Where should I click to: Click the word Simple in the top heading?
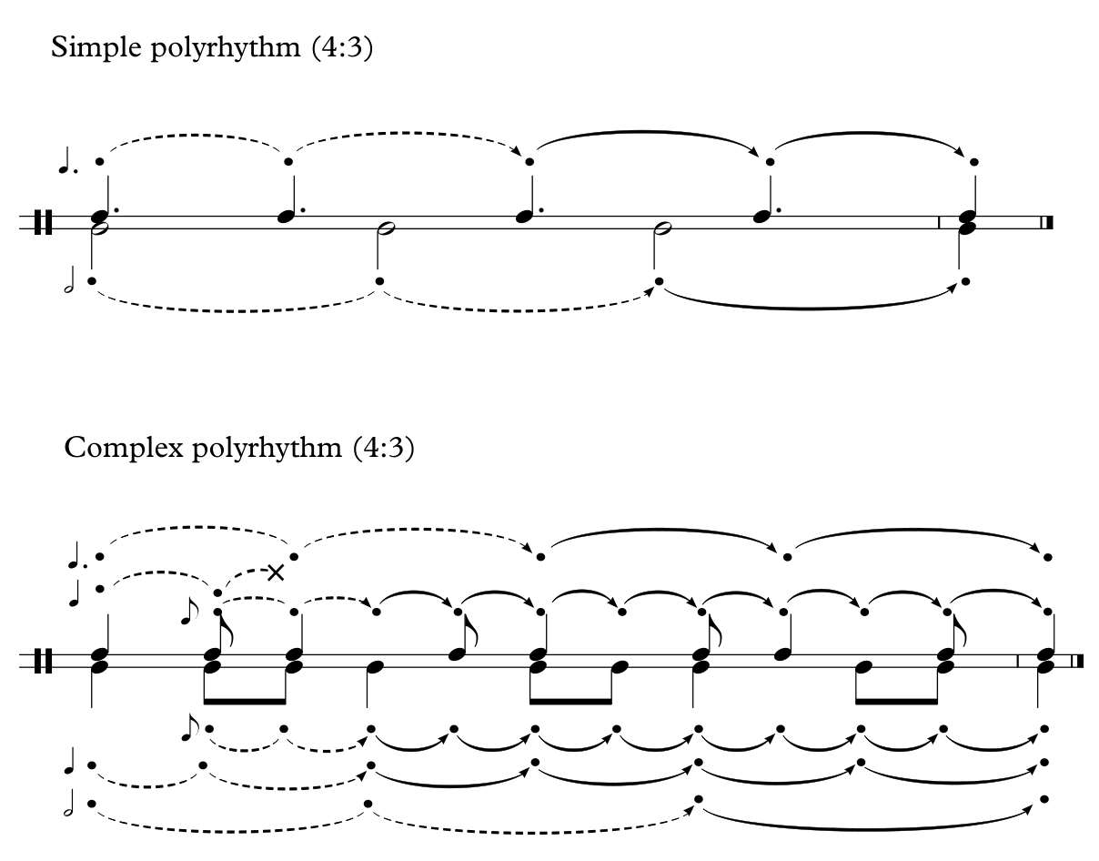pyautogui.click(x=96, y=48)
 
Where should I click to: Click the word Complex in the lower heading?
pyautogui.click(x=124, y=448)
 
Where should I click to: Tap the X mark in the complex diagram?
pyautogui.click(x=276, y=573)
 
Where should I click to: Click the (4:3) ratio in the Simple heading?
pyautogui.click(x=342, y=47)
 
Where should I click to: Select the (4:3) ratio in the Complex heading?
pyautogui.click(x=384, y=448)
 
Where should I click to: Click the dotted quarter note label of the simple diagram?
pyautogui.click(x=67, y=161)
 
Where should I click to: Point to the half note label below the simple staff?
pyautogui.click(x=70, y=279)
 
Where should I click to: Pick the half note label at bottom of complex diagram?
pyautogui.click(x=70, y=803)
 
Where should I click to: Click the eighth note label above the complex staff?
pyautogui.click(x=189, y=611)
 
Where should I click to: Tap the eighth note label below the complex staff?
pyautogui.click(x=189, y=727)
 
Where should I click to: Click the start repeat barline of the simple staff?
pyautogui.click(x=43, y=223)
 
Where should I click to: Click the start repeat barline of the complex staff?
pyautogui.click(x=43, y=661)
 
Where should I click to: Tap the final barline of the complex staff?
pyautogui.click(x=1077, y=661)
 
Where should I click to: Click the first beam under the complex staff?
pyautogui.click(x=245, y=701)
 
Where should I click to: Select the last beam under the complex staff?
pyautogui.click(x=896, y=701)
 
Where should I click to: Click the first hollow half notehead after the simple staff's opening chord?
pyautogui.click(x=386, y=228)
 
